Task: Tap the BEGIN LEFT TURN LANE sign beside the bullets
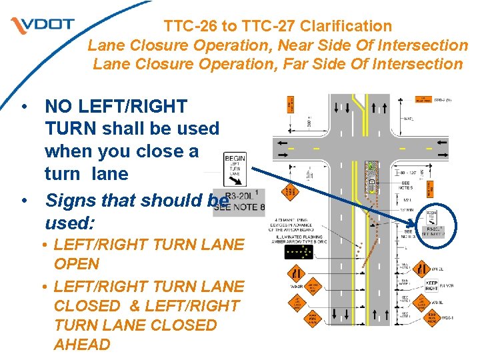pos(235,168)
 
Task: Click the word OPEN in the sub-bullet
pos(76,264)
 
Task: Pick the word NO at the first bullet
pos(57,105)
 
